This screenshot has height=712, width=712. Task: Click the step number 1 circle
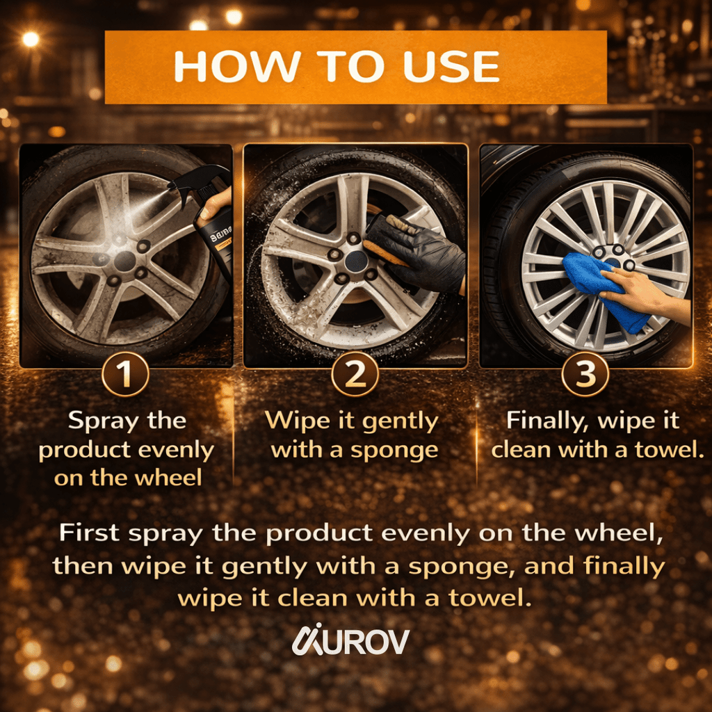pos(125,374)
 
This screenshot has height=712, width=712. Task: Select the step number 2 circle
pos(355,374)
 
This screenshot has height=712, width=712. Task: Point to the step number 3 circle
pos(585,374)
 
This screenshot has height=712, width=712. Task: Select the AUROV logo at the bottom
pos(350,640)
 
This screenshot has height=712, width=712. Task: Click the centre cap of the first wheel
pos(124,261)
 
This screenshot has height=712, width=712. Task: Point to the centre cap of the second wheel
pos(355,261)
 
